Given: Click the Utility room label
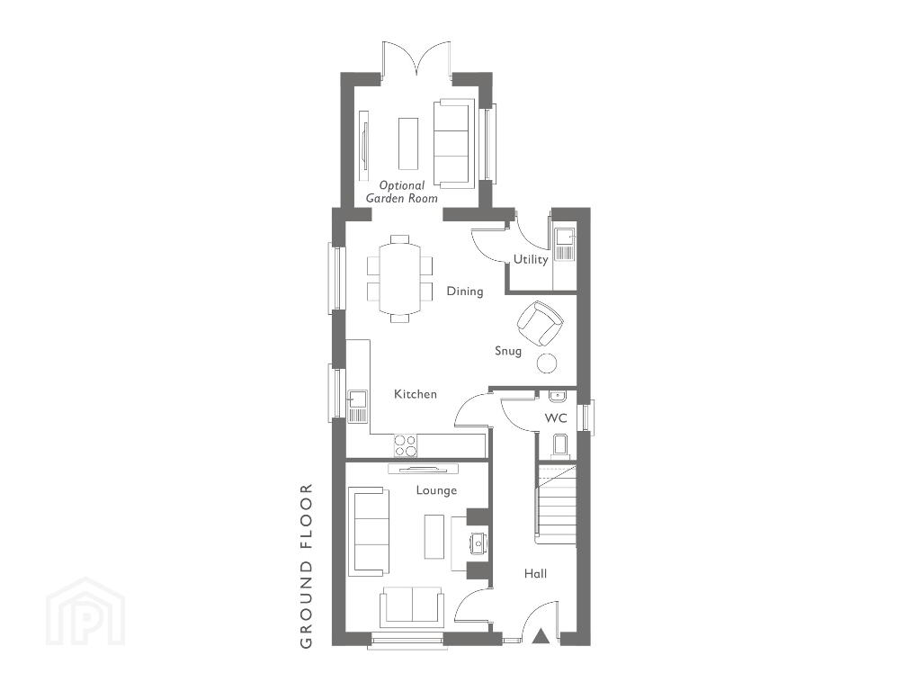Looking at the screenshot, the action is click(x=531, y=259).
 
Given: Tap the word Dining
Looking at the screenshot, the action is click(x=465, y=292).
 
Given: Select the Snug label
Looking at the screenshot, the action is click(x=507, y=351).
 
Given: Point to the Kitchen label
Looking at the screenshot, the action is click(x=416, y=394).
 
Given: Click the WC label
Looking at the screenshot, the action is click(x=556, y=418).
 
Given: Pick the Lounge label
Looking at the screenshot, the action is click(x=436, y=490).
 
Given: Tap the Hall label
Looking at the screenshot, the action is click(x=535, y=573).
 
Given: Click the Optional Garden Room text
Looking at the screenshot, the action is click(x=402, y=193).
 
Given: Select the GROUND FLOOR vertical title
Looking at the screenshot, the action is click(x=306, y=567).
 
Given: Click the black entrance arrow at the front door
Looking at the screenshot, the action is click(x=541, y=636).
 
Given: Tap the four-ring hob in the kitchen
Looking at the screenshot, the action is click(x=406, y=445).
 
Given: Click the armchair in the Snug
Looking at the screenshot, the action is click(x=540, y=324).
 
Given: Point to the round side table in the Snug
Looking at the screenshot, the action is click(x=547, y=363).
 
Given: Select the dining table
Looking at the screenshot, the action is click(x=400, y=279).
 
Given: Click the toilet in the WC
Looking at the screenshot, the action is click(x=559, y=444).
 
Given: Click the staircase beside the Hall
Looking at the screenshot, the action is click(x=556, y=505).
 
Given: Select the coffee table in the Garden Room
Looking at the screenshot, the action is click(x=408, y=144).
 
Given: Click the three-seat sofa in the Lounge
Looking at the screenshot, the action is click(x=369, y=531).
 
